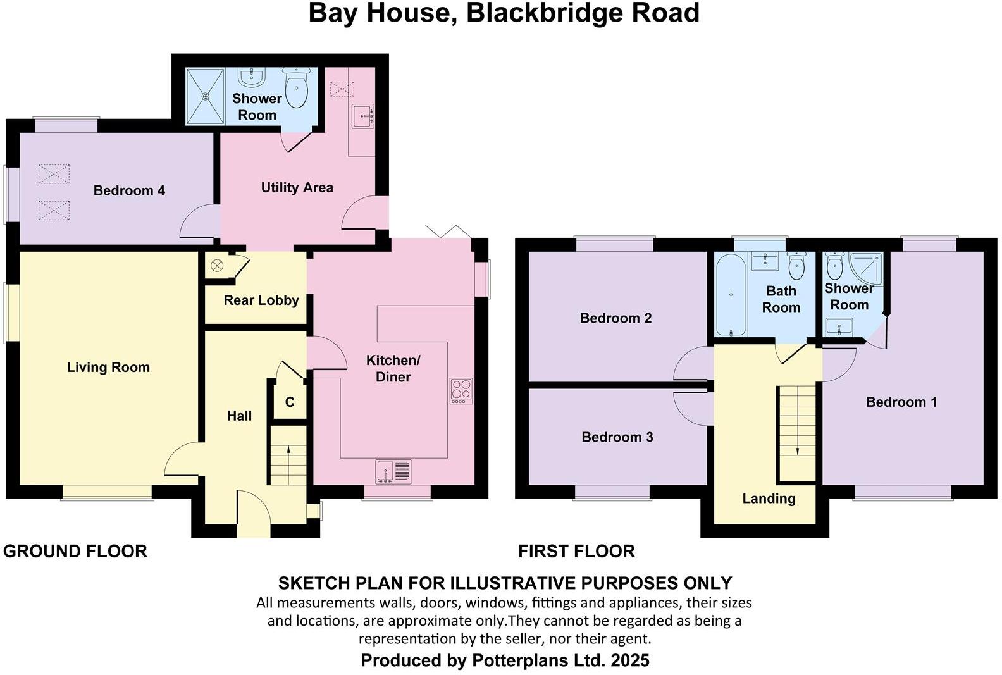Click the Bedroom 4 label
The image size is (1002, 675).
129,190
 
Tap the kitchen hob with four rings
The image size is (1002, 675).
461,391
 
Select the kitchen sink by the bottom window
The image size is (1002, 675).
393,471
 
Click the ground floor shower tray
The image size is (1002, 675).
205,96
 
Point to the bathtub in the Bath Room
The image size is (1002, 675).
731,294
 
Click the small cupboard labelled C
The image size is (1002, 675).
290,402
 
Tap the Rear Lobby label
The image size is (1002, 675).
261,300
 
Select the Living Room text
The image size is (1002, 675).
108,368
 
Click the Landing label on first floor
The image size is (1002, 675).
769,499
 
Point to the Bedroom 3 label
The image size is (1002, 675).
617,437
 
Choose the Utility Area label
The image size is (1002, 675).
297,188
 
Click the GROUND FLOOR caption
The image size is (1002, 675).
75,552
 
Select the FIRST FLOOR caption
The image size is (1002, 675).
576,552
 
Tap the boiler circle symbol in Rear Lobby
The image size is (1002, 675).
217,266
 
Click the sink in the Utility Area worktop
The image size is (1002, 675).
363,116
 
